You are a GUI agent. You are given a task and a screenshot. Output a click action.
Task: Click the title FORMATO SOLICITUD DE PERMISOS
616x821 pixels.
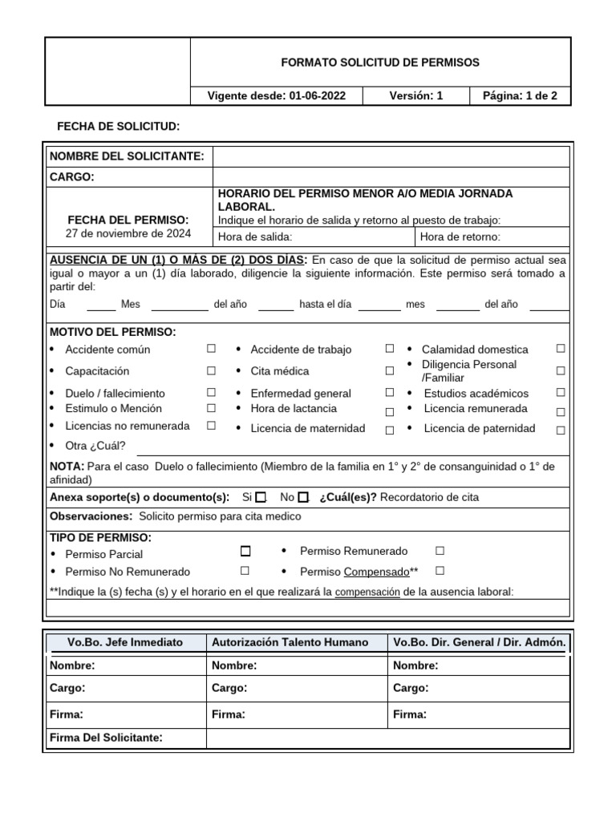[380, 63]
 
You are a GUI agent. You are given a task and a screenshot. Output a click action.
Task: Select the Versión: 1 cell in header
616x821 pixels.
[415, 96]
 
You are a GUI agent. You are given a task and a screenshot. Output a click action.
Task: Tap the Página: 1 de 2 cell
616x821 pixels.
[520, 96]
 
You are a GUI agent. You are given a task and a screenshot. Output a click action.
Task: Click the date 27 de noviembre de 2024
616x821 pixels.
[128, 233]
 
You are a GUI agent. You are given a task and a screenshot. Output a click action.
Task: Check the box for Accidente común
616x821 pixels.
[212, 349]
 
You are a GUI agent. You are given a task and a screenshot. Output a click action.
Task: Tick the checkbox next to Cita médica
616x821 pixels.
[389, 371]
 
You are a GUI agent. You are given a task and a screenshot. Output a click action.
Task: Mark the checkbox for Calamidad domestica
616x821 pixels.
[561, 349]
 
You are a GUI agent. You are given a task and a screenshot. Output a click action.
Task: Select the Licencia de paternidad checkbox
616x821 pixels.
[561, 430]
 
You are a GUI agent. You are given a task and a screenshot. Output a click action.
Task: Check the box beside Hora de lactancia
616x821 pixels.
[389, 411]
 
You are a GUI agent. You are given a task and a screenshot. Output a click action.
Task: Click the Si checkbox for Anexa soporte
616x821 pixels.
[261, 497]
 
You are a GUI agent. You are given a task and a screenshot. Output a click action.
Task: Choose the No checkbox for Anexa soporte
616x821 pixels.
[302, 497]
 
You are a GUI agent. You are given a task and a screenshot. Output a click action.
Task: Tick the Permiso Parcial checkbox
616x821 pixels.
[245, 552]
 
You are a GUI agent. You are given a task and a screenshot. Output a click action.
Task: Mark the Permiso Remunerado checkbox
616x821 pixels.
[440, 551]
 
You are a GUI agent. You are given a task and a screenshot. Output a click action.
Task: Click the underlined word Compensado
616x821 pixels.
[376, 572]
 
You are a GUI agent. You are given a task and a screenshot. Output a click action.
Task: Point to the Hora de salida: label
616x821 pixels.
[255, 237]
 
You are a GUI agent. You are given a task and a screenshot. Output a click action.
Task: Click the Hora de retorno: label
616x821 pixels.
[460, 237]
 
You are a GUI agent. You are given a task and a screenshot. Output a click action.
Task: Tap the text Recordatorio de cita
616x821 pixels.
[429, 497]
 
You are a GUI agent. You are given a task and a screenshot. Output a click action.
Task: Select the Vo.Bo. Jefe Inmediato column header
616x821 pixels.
[125, 642]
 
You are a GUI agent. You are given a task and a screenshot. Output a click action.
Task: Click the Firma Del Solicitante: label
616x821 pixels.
[106, 738]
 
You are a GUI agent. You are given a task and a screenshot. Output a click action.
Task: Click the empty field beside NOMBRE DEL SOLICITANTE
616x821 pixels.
[391, 156]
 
